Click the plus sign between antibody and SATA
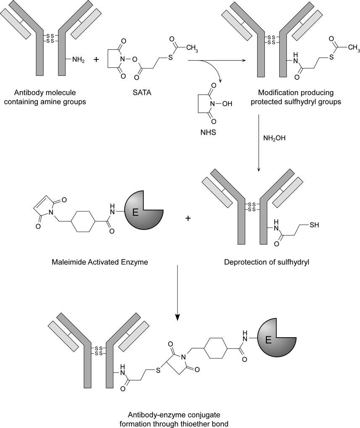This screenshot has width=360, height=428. (x=96, y=60)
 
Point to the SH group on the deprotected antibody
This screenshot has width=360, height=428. (x=314, y=225)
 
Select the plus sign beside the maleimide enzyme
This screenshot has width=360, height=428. (x=188, y=219)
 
